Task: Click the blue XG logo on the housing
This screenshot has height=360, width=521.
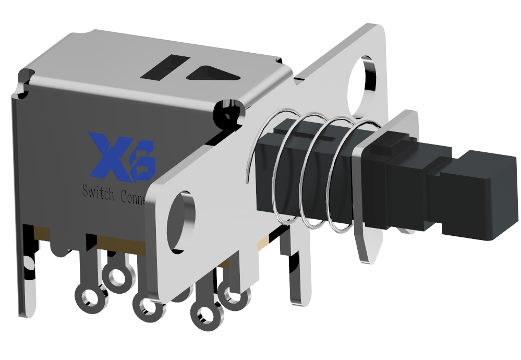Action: coord(122,157)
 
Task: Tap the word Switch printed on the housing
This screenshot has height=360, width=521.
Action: coord(98,194)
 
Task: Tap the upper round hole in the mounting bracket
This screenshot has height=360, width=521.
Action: coord(364,85)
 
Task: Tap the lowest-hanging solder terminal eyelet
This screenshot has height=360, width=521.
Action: coord(204,315)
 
